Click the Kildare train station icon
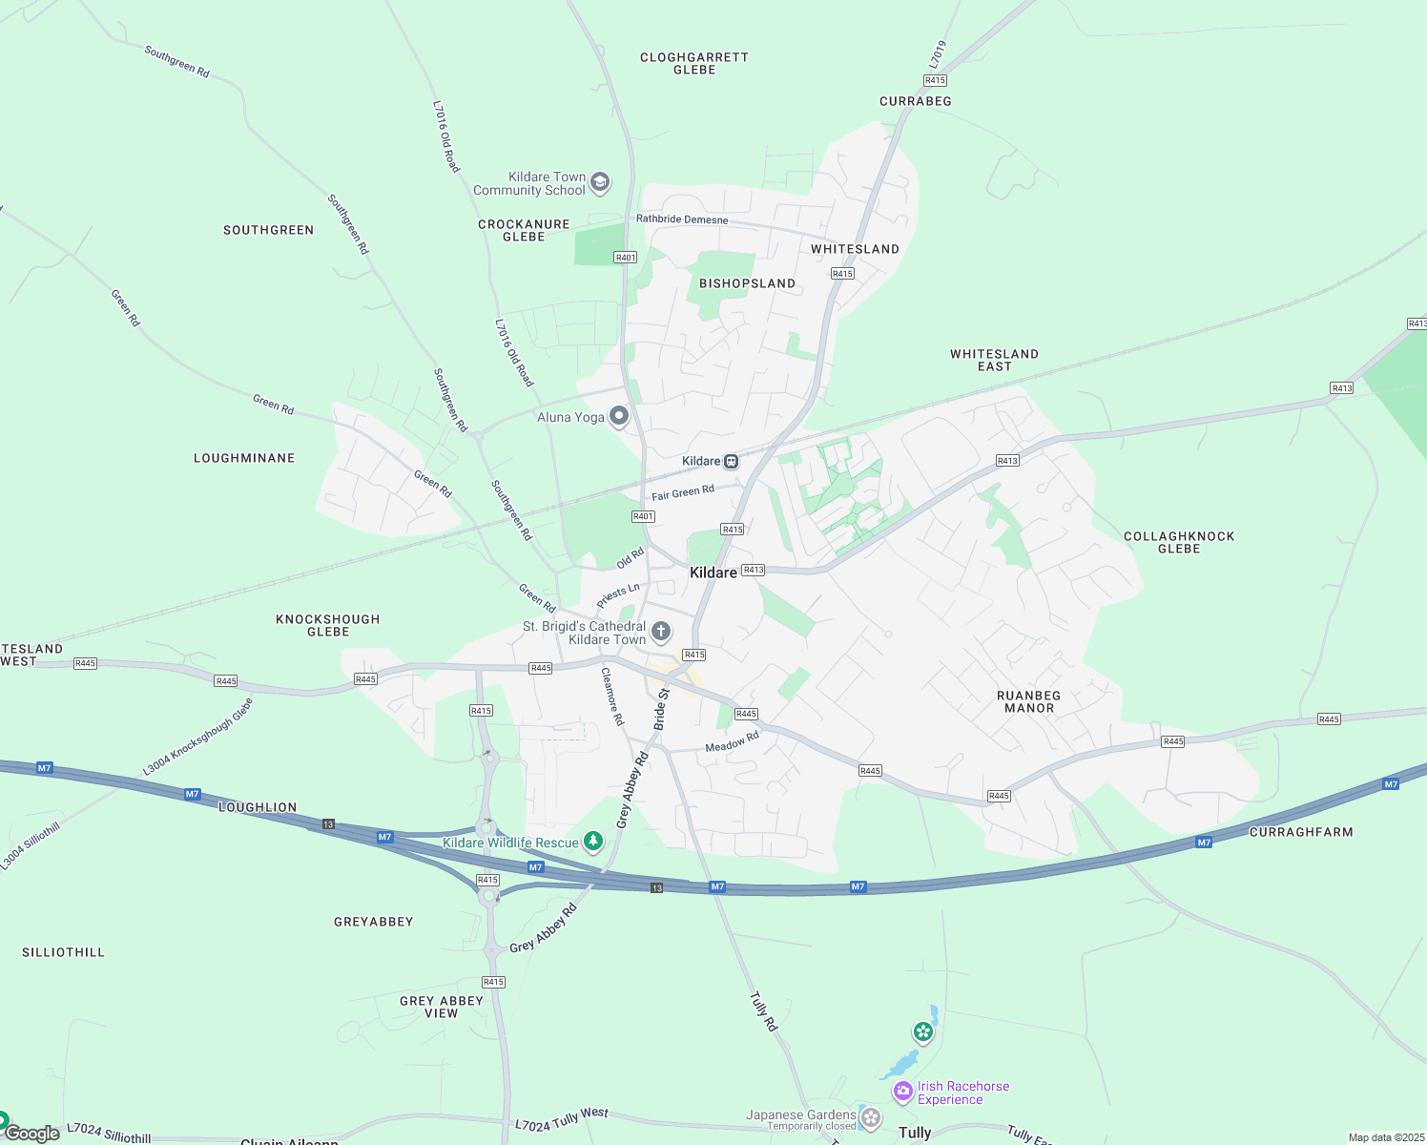click(731, 462)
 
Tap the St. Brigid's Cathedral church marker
click(660, 632)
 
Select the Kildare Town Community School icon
click(599, 182)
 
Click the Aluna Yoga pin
click(619, 416)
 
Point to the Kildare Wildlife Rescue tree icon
click(593, 841)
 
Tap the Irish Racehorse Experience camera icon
click(902, 1091)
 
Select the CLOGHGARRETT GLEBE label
click(694, 63)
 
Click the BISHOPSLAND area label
click(747, 283)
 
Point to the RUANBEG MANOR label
click(1028, 701)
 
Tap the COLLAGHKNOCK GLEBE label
click(1179, 542)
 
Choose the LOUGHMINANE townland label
click(244, 458)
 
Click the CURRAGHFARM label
click(1301, 832)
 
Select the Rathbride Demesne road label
click(682, 219)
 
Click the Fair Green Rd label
click(683, 492)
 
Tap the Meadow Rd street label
click(732, 741)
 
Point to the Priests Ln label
click(618, 595)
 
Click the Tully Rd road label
click(763, 1011)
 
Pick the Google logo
click(32, 1134)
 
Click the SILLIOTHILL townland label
click(64, 952)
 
